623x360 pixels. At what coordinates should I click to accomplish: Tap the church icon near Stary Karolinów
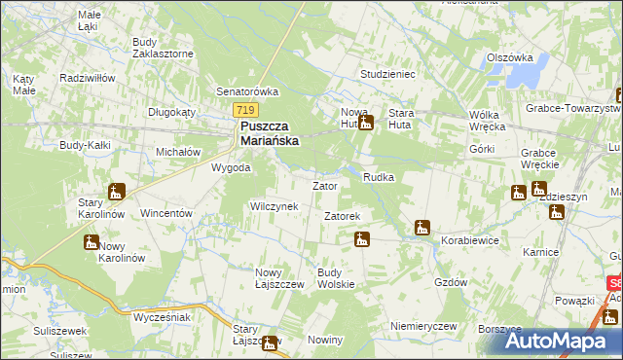(x=118, y=191)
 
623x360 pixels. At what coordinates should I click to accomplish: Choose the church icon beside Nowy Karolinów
(x=92, y=241)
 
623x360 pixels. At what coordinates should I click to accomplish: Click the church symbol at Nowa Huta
(x=366, y=123)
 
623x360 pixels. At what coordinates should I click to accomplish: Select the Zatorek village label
(x=343, y=215)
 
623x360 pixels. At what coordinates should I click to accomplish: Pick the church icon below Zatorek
(x=362, y=239)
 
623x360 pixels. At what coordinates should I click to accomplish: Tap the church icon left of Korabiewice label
(x=421, y=228)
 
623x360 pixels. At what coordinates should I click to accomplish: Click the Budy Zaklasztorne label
(x=159, y=48)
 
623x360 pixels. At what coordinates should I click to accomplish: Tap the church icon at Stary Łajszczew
(x=270, y=342)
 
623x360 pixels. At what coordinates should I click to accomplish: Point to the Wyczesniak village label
(x=162, y=317)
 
